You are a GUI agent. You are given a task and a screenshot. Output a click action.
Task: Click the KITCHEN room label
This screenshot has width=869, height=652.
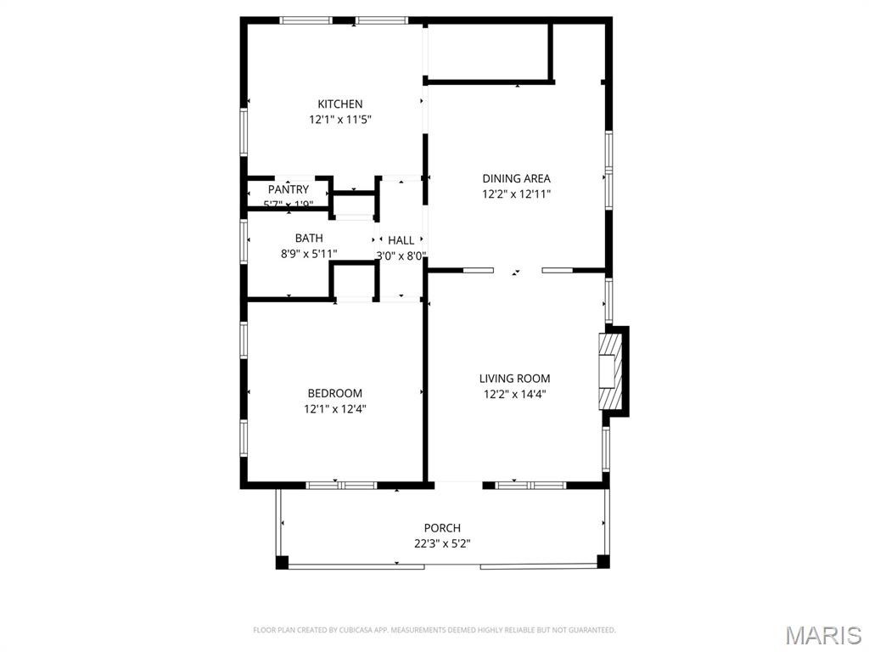[x=339, y=104]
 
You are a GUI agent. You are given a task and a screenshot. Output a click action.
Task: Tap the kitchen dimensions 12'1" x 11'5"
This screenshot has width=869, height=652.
[x=339, y=120]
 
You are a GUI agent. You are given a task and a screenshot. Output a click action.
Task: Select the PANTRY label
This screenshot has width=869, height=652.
[x=289, y=189]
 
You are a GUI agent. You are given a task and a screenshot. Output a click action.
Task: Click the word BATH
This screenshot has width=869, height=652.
[x=309, y=239]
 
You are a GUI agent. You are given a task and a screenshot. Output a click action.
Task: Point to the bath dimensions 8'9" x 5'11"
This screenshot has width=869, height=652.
[x=309, y=253]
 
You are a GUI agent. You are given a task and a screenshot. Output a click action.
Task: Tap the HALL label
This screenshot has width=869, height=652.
[x=401, y=241]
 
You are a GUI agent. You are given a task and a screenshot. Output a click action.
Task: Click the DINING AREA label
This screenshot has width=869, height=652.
[x=516, y=178]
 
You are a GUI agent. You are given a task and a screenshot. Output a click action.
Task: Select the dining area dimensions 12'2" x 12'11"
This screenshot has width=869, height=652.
[x=516, y=194]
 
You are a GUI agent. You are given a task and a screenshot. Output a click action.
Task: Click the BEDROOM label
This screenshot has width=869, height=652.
[x=334, y=393]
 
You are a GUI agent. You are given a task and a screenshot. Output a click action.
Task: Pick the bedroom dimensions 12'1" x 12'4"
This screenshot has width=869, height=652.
[x=334, y=408]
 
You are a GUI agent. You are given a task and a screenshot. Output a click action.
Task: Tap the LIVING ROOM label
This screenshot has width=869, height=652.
[x=514, y=379]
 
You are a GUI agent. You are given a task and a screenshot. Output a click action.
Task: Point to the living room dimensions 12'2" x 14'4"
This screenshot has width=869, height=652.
[x=514, y=394]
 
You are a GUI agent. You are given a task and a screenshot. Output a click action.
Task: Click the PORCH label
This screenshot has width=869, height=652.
[x=442, y=528]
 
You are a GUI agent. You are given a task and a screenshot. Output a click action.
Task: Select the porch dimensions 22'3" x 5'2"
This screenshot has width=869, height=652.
[x=442, y=543]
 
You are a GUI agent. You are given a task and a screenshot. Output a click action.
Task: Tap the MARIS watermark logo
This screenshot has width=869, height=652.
[x=822, y=635]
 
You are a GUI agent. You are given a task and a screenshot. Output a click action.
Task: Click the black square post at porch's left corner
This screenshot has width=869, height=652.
[x=283, y=561]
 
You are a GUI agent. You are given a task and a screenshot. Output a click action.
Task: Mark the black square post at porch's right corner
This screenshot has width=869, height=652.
[x=603, y=561]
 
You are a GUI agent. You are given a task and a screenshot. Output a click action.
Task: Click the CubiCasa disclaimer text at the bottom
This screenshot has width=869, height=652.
[x=434, y=630]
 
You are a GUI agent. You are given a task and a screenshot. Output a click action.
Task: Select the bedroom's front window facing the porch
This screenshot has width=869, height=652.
[x=341, y=485]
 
